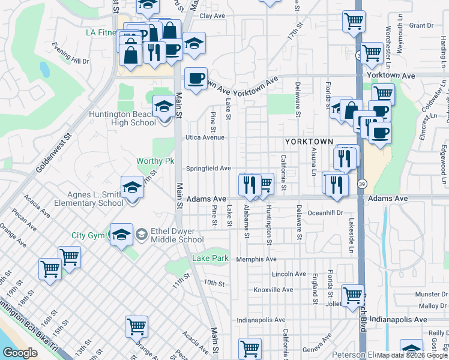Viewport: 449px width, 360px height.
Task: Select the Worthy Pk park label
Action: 155,161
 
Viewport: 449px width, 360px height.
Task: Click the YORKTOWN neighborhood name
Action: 309,141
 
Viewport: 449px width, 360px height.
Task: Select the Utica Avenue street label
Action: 204,137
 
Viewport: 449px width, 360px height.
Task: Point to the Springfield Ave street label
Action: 208,169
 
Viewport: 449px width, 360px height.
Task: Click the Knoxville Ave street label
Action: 273,289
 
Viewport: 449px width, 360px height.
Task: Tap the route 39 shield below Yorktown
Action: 362,183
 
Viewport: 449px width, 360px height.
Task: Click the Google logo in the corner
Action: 21,352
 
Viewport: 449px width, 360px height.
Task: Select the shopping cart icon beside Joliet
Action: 352,295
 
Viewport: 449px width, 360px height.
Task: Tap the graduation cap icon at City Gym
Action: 121,235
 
